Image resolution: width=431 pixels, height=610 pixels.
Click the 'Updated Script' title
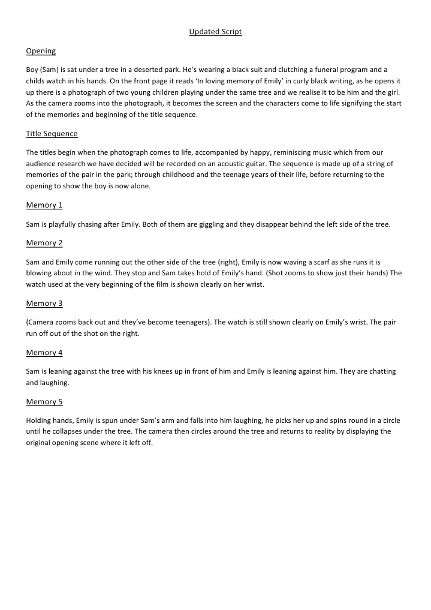(215, 32)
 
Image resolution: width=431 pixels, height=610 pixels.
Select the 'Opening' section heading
(41, 51)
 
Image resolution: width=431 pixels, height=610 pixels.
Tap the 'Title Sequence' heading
(52, 134)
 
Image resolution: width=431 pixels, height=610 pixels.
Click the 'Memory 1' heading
(44, 205)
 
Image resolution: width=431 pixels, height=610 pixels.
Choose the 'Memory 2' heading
(44, 243)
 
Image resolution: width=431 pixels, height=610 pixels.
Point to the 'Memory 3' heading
(44, 304)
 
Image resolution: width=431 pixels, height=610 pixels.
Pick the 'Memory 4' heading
(44, 353)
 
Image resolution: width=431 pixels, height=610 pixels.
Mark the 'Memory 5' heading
(44, 402)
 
